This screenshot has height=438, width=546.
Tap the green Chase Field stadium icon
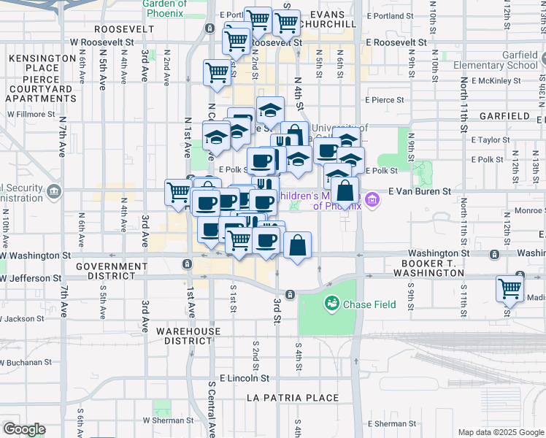(x=332, y=301)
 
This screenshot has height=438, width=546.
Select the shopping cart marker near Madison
(x=509, y=288)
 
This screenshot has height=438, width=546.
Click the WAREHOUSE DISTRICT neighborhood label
(x=188, y=336)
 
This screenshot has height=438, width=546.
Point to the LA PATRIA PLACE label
(x=293, y=398)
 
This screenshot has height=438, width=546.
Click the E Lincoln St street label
(x=245, y=379)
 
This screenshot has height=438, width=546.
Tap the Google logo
(x=24, y=429)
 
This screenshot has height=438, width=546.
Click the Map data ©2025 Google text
(x=501, y=432)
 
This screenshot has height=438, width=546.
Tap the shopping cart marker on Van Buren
(x=179, y=193)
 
